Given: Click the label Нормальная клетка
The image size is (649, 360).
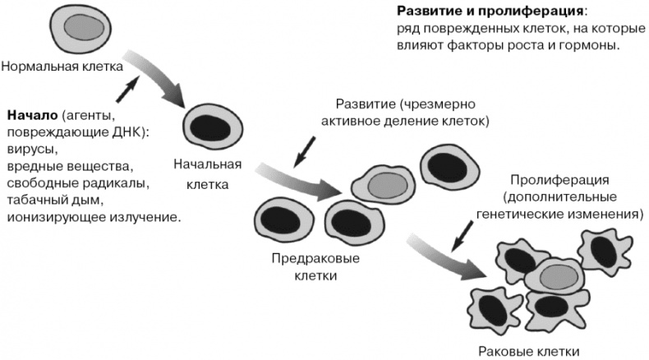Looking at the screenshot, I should (x=62, y=65).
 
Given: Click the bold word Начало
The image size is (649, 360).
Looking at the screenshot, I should (x=32, y=114).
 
